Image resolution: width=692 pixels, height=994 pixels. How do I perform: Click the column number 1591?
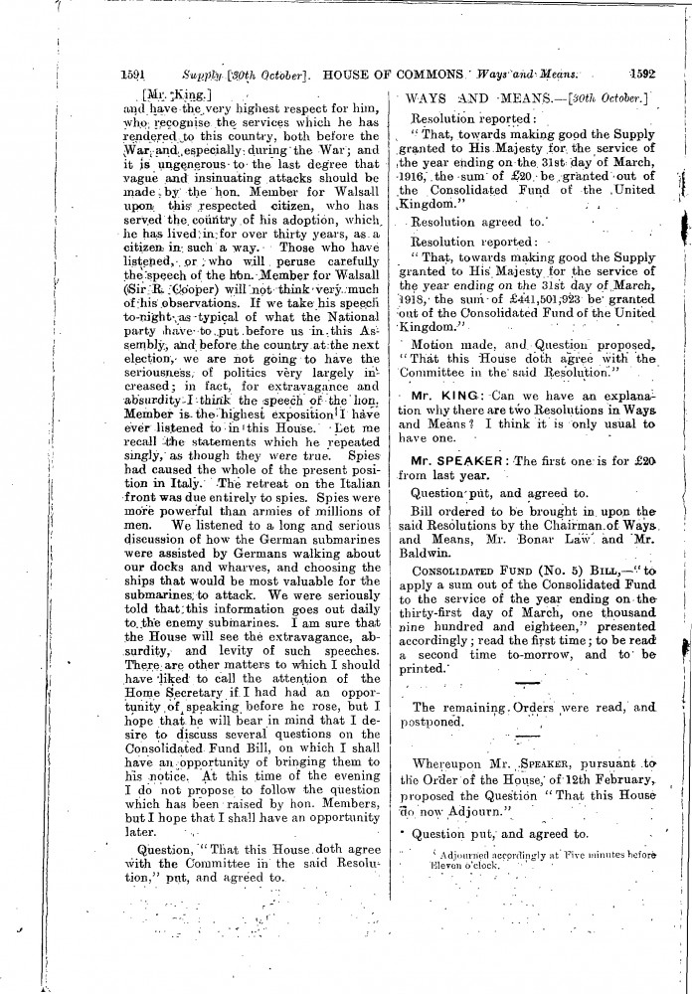133,73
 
